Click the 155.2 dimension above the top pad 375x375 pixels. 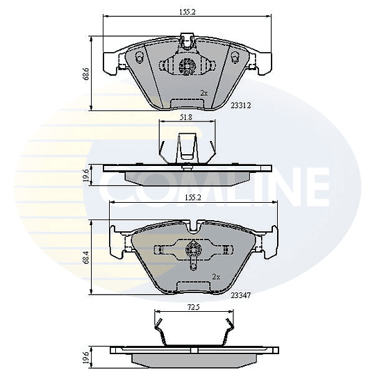[x=187, y=12]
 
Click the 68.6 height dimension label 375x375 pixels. [x=86, y=74]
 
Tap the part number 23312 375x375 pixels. [x=240, y=106]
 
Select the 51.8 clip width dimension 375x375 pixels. [x=186, y=117]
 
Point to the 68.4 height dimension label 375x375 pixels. [x=86, y=257]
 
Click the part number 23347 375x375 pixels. [x=240, y=295]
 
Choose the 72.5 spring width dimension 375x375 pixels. [x=193, y=308]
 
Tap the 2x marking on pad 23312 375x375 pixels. [x=203, y=93]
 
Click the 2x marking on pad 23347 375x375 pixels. [x=216, y=277]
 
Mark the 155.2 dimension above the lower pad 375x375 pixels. [x=193, y=198]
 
